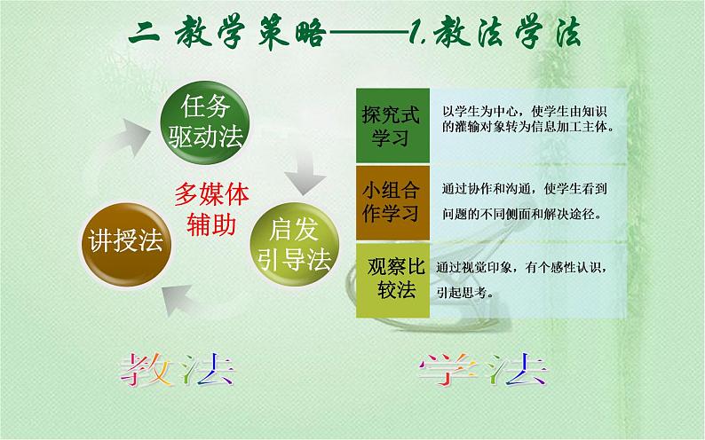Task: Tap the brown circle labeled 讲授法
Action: click(125, 241)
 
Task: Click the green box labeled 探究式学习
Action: click(391, 125)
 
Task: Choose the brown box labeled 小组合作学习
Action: click(391, 201)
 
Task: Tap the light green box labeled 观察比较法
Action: click(391, 279)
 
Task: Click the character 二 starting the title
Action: click(143, 35)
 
